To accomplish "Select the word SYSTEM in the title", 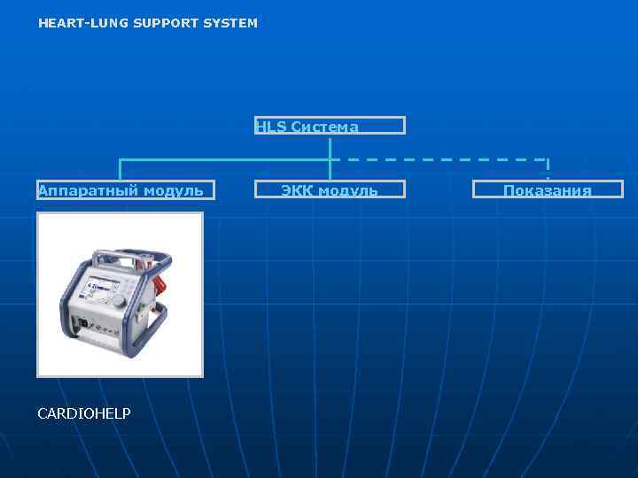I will tap(230, 23).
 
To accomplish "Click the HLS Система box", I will tap(330, 126).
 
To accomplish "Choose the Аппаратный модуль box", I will tap(120, 189).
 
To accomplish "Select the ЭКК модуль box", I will tap(330, 189).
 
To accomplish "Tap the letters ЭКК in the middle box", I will tap(297, 190).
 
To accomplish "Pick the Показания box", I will tap(548, 189).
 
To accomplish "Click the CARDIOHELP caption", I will tap(84, 413).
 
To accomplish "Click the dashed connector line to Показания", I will tap(443, 159).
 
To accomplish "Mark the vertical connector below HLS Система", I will tap(330, 147).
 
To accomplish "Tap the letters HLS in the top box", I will tap(266, 127).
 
